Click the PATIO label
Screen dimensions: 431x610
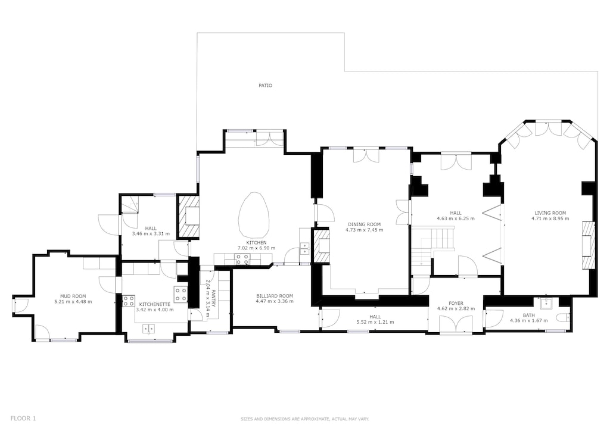[265, 86]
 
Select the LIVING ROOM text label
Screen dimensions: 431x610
[550, 213]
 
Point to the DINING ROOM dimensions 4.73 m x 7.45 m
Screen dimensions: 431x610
[363, 230]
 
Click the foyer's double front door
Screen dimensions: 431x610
[456, 324]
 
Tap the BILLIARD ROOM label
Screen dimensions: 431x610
[275, 296]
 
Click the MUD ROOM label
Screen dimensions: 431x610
[73, 296]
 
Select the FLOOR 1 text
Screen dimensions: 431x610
[23, 418]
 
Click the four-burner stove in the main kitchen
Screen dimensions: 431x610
[242, 258]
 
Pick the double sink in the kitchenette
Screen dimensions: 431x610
[148, 327]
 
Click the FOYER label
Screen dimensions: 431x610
[456, 303]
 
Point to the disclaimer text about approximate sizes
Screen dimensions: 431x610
[304, 419]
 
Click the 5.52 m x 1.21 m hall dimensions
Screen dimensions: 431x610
[375, 322]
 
